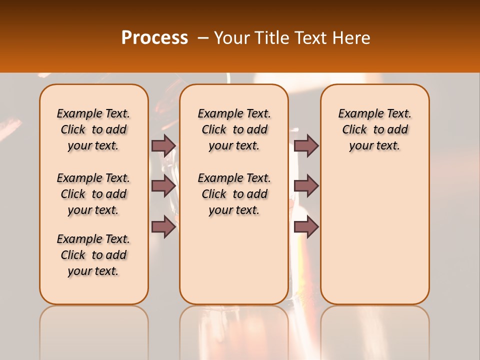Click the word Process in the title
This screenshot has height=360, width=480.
tap(154, 37)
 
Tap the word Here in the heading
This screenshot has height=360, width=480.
tap(352, 37)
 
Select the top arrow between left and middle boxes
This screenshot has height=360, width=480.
tap(163, 145)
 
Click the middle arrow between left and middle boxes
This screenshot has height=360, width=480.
tap(163, 186)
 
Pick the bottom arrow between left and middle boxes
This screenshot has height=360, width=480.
tap(163, 227)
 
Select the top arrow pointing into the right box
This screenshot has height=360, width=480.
tap(306, 145)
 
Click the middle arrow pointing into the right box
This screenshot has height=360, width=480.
tap(306, 186)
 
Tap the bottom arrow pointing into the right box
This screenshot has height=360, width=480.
tap(306, 227)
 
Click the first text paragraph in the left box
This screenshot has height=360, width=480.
tap(93, 129)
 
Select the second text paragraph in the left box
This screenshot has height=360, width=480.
tap(93, 194)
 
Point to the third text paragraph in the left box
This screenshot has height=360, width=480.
tap(93, 255)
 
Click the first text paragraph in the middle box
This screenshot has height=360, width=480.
tap(234, 129)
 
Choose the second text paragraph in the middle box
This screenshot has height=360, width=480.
tap(234, 194)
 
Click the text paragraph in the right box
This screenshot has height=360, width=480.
tap(374, 129)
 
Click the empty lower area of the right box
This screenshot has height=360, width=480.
tap(374, 235)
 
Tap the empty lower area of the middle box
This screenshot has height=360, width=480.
tap(234, 260)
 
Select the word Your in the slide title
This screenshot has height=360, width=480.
tap(231, 37)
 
